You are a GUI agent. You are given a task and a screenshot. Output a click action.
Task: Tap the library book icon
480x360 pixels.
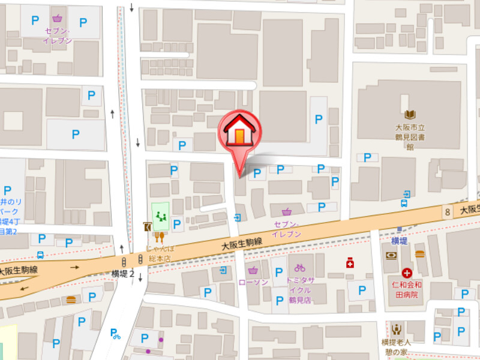coord(410,115)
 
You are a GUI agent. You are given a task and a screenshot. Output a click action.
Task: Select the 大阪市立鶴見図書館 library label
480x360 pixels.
coord(410,137)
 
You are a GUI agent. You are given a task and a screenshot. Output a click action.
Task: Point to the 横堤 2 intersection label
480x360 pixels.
coord(122,273)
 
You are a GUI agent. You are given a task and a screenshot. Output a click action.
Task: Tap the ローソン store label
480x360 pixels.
coord(253,282)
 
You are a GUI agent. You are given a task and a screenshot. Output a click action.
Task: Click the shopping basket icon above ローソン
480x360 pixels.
coord(253,269)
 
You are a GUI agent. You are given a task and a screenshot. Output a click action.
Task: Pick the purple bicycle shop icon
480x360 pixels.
coord(300,268)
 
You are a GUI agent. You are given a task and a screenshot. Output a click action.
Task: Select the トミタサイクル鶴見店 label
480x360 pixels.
coord(299,291)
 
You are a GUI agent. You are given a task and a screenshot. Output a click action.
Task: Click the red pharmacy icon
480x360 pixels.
coord(350,263)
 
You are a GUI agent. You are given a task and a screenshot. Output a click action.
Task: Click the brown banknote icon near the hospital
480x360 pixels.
coord(391,255)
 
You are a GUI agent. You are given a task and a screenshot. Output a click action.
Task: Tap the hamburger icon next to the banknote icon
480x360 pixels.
coord(419,254)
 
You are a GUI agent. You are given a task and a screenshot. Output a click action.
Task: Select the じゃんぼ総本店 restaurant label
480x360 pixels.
coord(160,252)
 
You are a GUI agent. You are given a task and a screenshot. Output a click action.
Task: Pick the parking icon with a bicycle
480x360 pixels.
coord(115,334)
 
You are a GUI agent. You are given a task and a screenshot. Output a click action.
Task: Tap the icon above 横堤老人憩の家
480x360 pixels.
coord(396,329)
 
